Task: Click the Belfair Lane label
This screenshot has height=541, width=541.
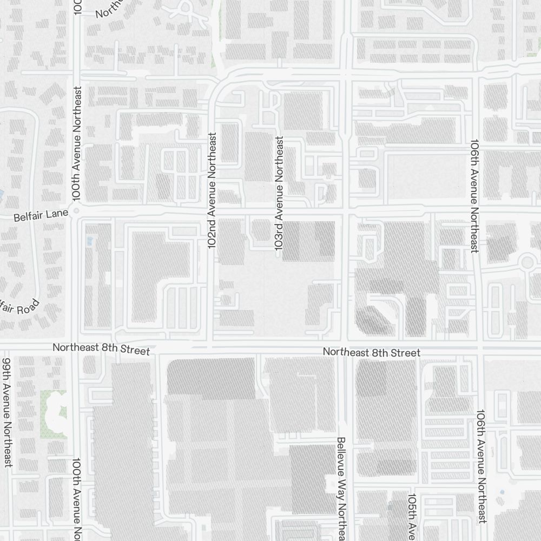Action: tap(41, 217)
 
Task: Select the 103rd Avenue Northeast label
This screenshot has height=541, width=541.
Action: tap(279, 193)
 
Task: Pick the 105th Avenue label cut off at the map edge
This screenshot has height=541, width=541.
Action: tap(412, 517)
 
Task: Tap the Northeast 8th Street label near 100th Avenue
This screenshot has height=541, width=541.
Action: tap(101, 349)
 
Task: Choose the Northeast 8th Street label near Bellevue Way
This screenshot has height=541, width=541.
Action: tap(371, 353)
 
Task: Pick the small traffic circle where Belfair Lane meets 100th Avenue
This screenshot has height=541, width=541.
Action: tap(76, 212)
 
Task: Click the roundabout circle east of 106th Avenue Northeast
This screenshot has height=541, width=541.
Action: tap(526, 263)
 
